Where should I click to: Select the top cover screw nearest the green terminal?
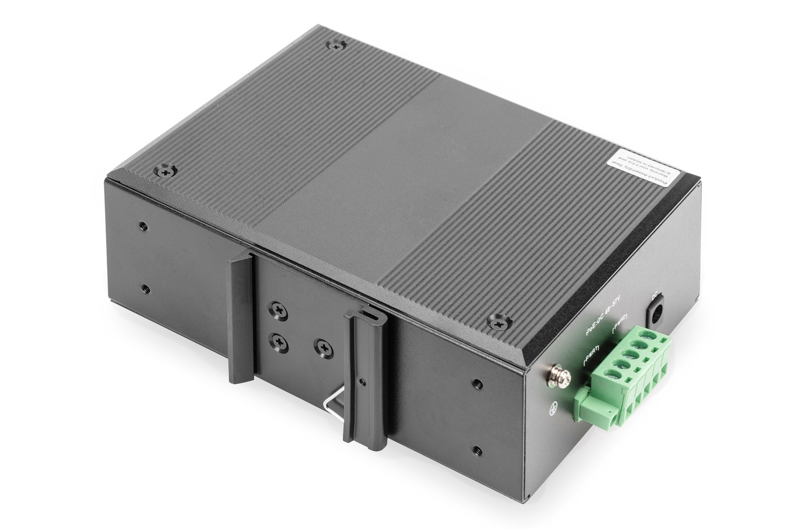click(x=499, y=322)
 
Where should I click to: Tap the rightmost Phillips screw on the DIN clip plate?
click(x=323, y=347)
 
